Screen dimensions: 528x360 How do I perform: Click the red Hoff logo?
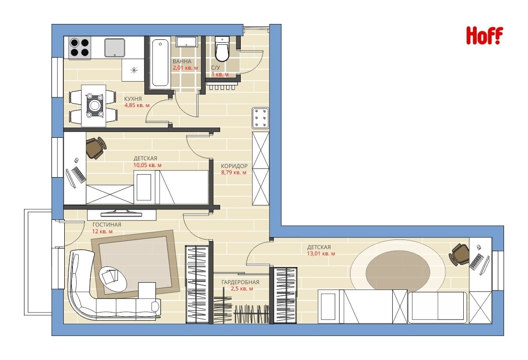pyautogui.click(x=484, y=36)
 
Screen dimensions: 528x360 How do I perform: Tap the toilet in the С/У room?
pyautogui.click(x=222, y=49)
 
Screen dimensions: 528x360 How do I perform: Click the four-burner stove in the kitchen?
pyautogui.click(x=80, y=48)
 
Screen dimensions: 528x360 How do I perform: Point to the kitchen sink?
pyautogui.click(x=115, y=48)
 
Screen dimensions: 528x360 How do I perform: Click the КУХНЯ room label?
pyautogui.click(x=133, y=99)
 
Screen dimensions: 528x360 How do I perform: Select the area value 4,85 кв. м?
pyautogui.click(x=137, y=106)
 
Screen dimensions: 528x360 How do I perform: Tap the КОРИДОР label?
pyautogui.click(x=234, y=166)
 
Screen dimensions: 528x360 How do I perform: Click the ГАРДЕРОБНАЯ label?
pyautogui.click(x=240, y=282)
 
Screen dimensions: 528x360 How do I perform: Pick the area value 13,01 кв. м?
pyautogui.click(x=321, y=253)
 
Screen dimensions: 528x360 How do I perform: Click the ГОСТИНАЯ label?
pyautogui.click(x=107, y=225)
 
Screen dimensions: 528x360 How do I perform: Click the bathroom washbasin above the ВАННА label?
pyautogui.click(x=186, y=41)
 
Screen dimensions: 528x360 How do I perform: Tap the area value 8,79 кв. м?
pyautogui.click(x=234, y=173)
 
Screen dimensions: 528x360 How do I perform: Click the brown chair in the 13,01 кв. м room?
pyautogui.click(x=459, y=254)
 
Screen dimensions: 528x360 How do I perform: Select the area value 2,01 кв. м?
pyautogui.click(x=185, y=68)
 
